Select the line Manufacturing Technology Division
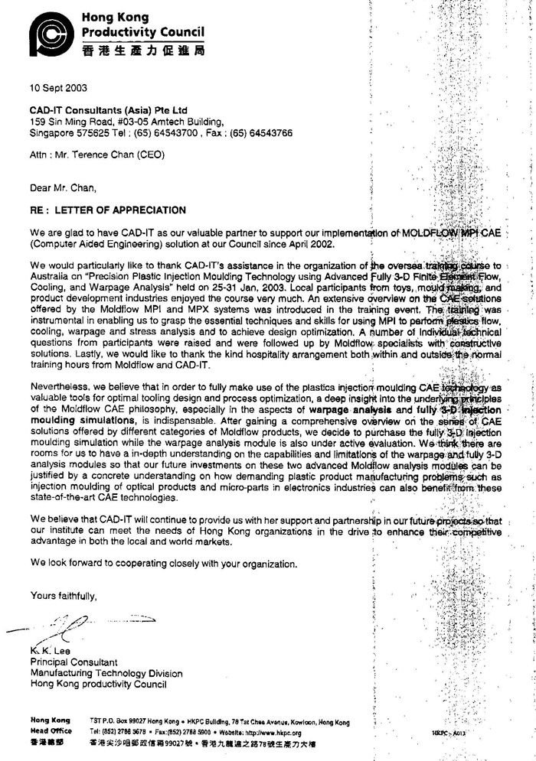click(106, 673)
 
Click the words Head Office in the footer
click(51, 731)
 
